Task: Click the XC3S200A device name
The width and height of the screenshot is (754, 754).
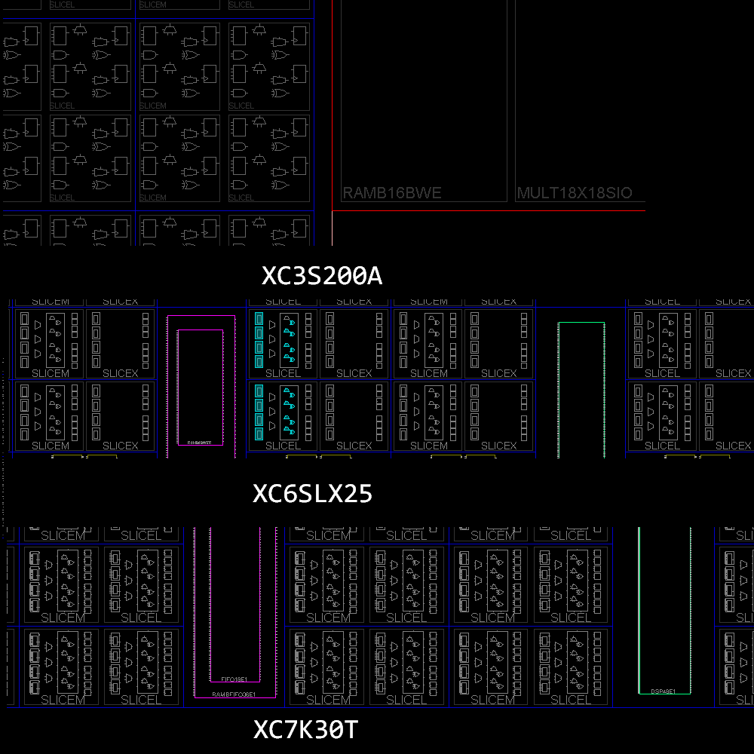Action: [x=322, y=276]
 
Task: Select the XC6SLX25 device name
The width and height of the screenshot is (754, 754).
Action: [x=312, y=494]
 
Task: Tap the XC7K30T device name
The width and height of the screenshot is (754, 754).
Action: [x=305, y=730]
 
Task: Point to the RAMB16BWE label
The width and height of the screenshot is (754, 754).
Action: [x=391, y=193]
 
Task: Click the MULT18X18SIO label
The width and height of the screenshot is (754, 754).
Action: [x=574, y=193]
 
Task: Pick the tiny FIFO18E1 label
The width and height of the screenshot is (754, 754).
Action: [x=234, y=679]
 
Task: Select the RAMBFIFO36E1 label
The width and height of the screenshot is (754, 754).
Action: [x=234, y=694]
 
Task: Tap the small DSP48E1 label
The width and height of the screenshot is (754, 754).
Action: [x=664, y=691]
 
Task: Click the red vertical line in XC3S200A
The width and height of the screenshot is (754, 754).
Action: [x=333, y=121]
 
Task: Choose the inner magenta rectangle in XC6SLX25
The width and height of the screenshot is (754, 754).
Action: [x=178, y=385]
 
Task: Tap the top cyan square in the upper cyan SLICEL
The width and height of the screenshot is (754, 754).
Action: [x=259, y=318]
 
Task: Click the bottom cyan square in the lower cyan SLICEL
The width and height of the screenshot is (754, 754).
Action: [x=259, y=434]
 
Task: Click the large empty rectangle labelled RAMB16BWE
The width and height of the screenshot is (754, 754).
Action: [x=424, y=98]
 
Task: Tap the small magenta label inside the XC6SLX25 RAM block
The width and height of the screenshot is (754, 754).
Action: [x=200, y=443]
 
